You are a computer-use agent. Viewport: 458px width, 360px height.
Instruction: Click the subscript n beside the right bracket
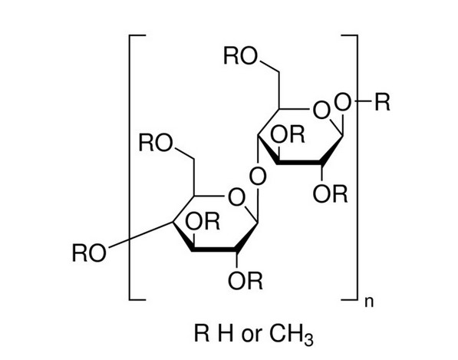coord(369,302)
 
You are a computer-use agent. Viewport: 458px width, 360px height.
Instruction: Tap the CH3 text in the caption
coord(291,335)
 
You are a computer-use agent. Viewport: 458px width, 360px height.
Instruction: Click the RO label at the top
coord(241,56)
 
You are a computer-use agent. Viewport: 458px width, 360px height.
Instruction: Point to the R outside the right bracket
coord(382,102)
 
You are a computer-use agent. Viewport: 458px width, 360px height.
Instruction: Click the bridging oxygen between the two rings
coord(258,177)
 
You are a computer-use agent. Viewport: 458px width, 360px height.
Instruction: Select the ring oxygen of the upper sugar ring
coord(321,111)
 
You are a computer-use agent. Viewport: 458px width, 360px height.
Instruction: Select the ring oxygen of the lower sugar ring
coord(236,197)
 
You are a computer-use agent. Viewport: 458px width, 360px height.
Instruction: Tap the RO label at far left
coord(89,253)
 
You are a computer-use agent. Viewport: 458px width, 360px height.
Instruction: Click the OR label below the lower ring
coord(245,281)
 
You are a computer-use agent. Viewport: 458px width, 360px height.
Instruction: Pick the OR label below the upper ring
coord(331,193)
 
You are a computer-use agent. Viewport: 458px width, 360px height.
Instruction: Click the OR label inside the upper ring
coord(287,134)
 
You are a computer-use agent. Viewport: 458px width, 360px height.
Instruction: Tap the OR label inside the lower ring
coord(202,222)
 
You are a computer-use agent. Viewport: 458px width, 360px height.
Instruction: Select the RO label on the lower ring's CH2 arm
coord(156,144)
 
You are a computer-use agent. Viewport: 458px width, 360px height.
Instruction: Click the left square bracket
coord(130,167)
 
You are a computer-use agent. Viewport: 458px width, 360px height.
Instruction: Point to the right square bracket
coord(357,167)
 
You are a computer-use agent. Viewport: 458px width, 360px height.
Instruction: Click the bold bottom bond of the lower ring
coord(214,249)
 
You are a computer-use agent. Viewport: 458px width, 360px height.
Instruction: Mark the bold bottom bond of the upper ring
coord(299,162)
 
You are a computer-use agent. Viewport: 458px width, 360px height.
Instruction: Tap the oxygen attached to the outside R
coord(342,102)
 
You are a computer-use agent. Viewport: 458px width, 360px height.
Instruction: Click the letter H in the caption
coord(226,333)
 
